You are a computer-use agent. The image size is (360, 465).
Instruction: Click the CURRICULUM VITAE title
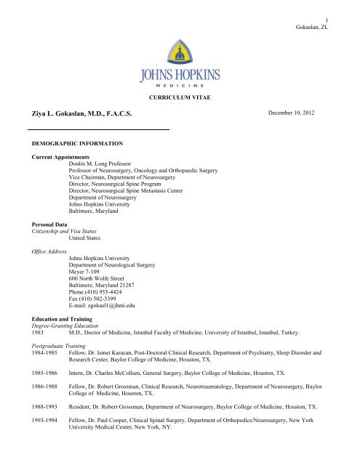[x=180, y=95]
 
